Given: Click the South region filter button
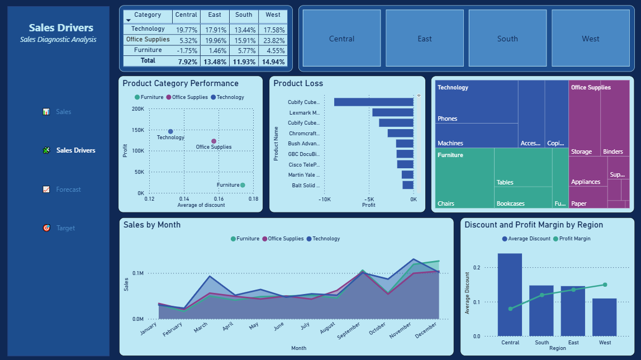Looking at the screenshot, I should click(507, 39).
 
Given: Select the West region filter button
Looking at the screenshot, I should click(590, 39).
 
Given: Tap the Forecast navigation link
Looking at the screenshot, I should click(68, 190).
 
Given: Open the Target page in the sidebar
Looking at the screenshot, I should click(65, 228).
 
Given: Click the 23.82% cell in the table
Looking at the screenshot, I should click(273, 40).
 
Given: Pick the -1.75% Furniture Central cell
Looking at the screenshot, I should click(186, 50).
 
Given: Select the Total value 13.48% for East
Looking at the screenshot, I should click(215, 61).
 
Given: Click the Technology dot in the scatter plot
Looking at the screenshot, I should click(170, 131).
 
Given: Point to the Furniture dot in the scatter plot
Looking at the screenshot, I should click(243, 185).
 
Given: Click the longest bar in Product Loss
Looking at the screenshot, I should click(373, 102).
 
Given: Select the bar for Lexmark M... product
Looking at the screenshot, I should click(392, 112).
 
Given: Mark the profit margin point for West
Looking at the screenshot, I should click(605, 285).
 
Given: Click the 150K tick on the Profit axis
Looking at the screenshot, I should click(137, 130).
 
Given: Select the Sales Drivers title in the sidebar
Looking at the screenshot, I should click(61, 28).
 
